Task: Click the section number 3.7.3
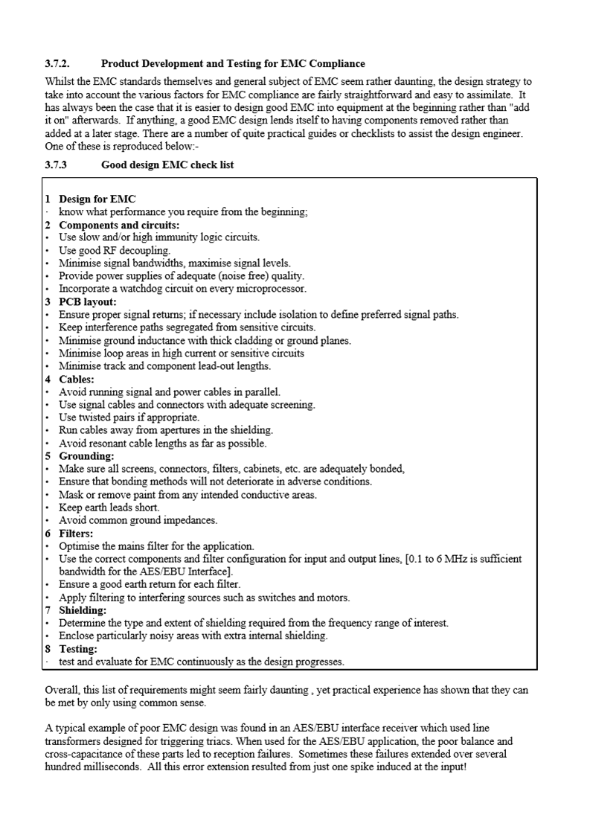pos(56,164)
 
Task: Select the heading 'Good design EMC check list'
pos(167,164)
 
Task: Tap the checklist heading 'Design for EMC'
pos(97,199)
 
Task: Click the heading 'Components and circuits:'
pos(119,225)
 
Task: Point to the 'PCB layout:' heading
pos(88,301)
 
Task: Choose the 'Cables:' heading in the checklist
pos(77,379)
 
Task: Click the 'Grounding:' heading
pos(86,455)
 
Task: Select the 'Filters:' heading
pos(76,533)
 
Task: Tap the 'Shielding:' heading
pos(83,610)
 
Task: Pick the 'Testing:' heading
pos(78,648)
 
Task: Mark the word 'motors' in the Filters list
pos(333,598)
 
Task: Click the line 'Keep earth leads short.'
pos(109,508)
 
